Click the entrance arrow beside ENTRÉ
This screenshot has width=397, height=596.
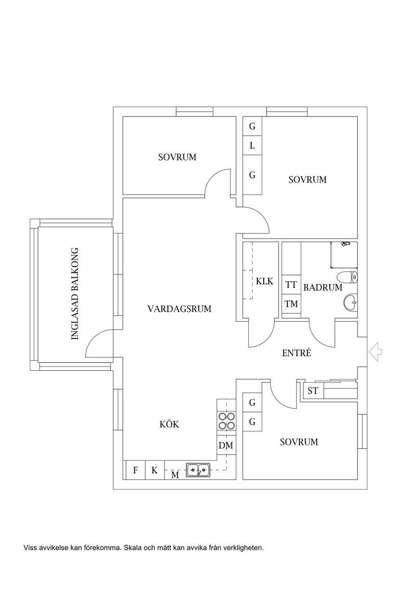(x=375, y=351)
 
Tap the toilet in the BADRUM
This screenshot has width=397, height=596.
(x=348, y=278)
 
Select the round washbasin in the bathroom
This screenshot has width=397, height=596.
(x=350, y=302)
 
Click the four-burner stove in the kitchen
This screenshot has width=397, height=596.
(x=226, y=421)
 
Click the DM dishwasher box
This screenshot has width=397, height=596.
(x=226, y=446)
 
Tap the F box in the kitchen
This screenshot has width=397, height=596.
(x=135, y=470)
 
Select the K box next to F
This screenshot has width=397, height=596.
(x=154, y=470)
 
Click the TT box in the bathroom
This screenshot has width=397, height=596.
(x=291, y=285)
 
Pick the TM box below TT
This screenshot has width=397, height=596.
(x=291, y=304)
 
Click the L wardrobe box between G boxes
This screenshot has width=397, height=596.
(x=252, y=145)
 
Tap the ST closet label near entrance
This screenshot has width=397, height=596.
(x=313, y=390)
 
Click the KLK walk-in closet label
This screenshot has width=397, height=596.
(x=265, y=281)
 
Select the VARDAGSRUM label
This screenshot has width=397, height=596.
(x=179, y=309)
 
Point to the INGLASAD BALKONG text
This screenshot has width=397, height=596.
(x=75, y=294)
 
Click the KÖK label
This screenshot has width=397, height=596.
(x=169, y=424)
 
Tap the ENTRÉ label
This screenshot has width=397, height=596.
(x=296, y=353)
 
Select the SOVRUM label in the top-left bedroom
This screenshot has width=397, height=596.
(x=177, y=157)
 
